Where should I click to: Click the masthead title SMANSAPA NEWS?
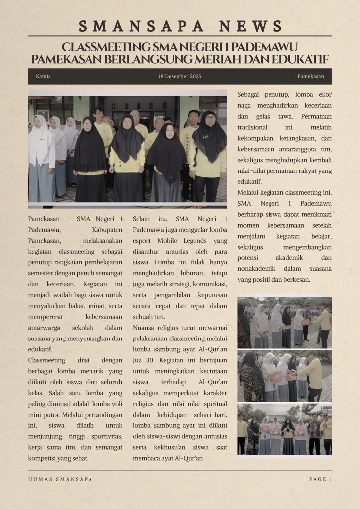coord(180,26)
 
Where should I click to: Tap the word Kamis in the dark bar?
coord(43,76)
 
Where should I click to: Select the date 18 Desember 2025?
coord(180,76)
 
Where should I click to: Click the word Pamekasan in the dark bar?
coord(311,76)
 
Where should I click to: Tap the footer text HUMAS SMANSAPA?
coord(60,479)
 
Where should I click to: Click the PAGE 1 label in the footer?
coord(320,479)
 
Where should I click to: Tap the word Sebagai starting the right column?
coord(251,94)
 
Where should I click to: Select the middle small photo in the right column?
coord(284,376)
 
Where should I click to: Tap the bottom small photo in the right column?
coord(284,428)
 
